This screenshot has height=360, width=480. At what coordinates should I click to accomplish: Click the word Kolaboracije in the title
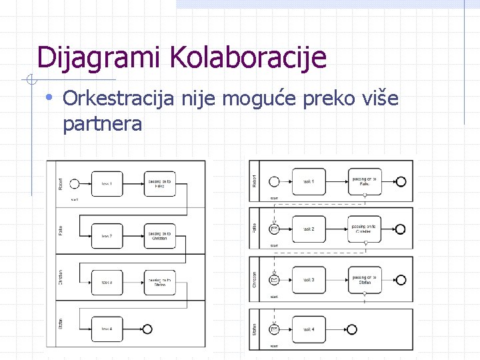point(249,58)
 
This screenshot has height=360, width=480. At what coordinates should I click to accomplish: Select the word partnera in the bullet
point(102,123)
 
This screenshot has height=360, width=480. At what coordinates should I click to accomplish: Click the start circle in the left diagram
point(75,184)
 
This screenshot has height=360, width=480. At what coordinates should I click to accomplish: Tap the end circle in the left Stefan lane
point(147,329)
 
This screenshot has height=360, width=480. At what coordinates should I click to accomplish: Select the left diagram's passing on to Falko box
point(160,184)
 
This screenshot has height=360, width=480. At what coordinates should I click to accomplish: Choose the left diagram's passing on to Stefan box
point(160,283)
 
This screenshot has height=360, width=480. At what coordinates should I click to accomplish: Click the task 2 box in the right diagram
point(308,229)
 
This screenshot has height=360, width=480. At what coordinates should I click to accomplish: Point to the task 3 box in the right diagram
point(308,279)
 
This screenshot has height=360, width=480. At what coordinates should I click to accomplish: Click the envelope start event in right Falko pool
point(274,229)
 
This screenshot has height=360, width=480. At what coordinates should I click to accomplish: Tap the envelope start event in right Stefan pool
point(274,329)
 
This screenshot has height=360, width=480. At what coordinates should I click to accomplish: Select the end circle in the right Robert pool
point(401,181)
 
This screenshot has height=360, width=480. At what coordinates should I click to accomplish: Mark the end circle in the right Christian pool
point(401,279)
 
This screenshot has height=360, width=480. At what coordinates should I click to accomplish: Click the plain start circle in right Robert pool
point(274,181)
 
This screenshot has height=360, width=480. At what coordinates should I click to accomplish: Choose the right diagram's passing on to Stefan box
point(365,279)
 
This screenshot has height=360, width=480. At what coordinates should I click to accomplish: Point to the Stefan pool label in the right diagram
point(254,329)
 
